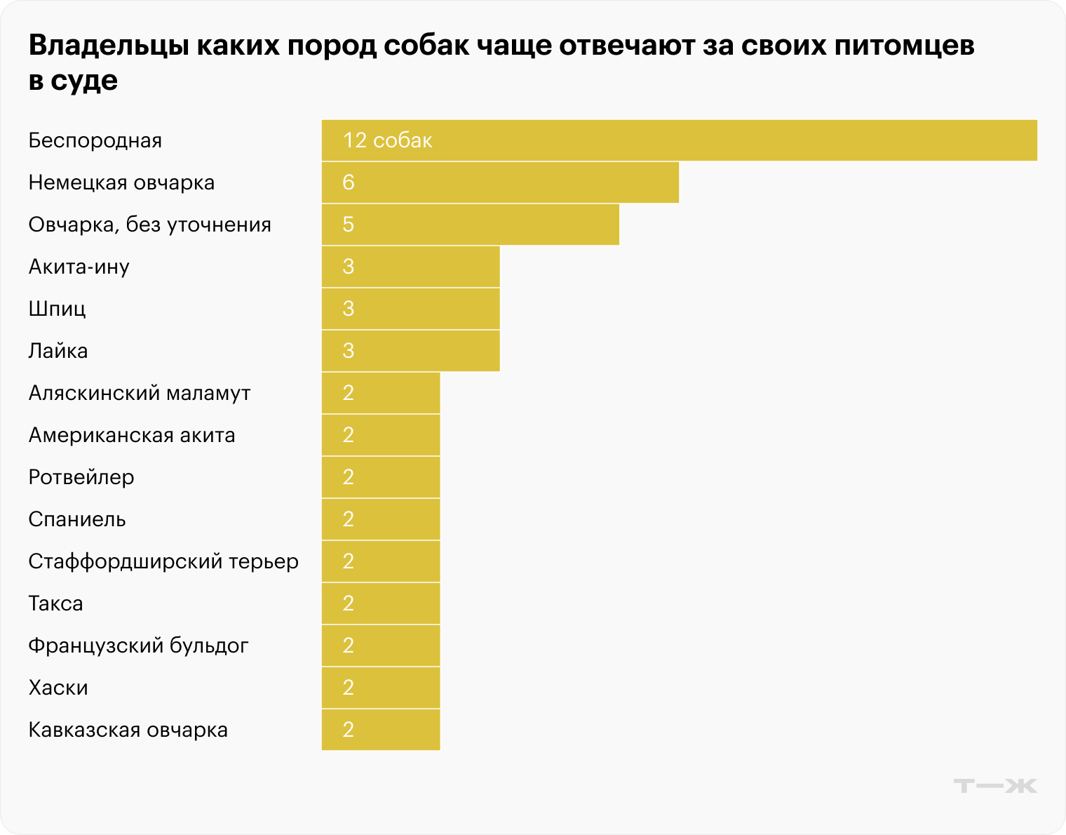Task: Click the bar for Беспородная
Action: tap(679, 140)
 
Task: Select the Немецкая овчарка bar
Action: tap(500, 182)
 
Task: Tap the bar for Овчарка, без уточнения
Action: tap(470, 225)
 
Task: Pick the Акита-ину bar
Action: tap(410, 267)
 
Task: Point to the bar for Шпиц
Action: tap(410, 309)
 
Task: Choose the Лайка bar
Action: tap(410, 351)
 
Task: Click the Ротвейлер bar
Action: tap(381, 477)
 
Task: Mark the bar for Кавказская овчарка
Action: tap(381, 730)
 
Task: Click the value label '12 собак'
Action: tap(387, 140)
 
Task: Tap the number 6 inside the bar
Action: tap(349, 182)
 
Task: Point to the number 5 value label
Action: tap(349, 225)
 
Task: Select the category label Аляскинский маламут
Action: tap(140, 393)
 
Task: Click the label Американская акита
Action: tap(132, 435)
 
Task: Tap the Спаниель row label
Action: tap(77, 519)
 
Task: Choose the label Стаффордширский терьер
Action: tap(163, 561)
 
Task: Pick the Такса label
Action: tap(55, 603)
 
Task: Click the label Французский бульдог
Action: tap(138, 646)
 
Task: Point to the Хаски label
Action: tap(58, 688)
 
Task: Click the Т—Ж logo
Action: tap(994, 785)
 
